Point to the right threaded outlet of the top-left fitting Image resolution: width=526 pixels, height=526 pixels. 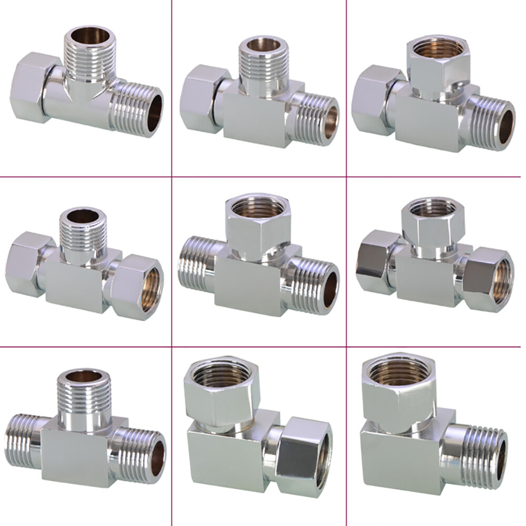point(137,110)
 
